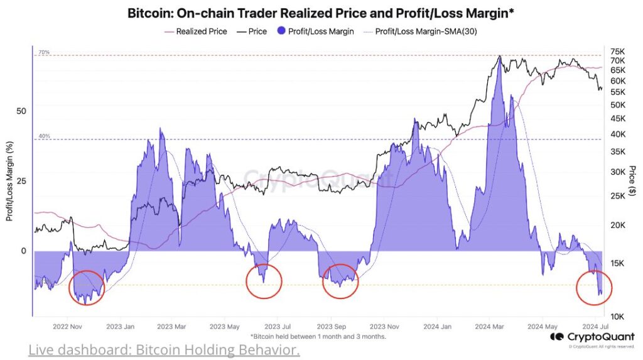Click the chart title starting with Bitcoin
(321, 13)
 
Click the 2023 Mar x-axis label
(171, 327)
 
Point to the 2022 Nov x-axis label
(67, 327)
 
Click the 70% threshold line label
(43, 52)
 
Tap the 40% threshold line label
(43, 136)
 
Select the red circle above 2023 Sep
(340, 283)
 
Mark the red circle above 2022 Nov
(86, 288)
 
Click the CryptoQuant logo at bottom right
(592, 337)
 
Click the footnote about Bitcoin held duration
(318, 336)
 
